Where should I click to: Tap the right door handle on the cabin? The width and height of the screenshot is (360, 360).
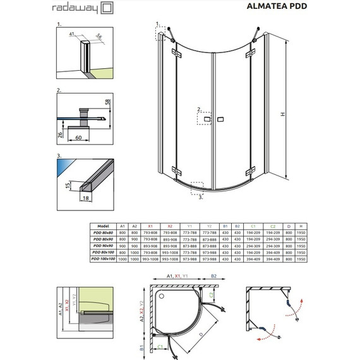[221, 119]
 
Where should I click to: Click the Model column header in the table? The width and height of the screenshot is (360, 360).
[104, 225]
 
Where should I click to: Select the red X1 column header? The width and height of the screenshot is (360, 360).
[150, 225]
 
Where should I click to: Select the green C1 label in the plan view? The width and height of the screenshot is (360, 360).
[161, 346]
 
